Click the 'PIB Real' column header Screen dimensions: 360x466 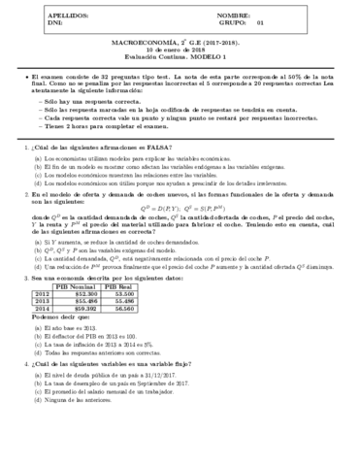coord(143,315)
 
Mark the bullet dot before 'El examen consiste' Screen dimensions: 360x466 coord(24,75)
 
